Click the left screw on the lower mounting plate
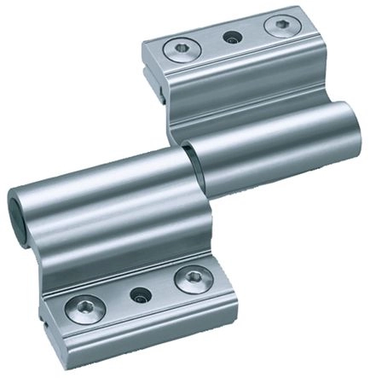pos(84,307)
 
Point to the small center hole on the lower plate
pos(136,294)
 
